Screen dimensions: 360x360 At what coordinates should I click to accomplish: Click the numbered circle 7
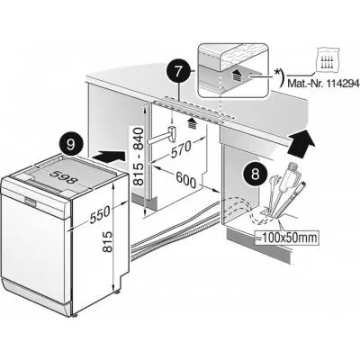tap(178, 72)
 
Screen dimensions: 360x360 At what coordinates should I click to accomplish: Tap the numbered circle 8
tap(255, 175)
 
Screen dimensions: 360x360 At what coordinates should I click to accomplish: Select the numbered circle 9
tap(71, 145)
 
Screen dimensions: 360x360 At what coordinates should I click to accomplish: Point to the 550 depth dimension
tap(100, 215)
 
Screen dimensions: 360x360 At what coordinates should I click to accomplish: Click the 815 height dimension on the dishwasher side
tap(108, 242)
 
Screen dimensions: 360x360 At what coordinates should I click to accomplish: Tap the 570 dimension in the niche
tap(181, 149)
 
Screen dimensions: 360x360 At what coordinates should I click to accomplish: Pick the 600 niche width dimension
tap(186, 180)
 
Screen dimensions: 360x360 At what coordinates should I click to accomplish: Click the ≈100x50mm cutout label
tap(285, 238)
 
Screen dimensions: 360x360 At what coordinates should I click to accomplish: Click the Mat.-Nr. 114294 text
tap(324, 83)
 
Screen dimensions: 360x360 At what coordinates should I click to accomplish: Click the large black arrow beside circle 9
tap(109, 157)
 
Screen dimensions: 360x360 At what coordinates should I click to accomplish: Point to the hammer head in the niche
tap(173, 133)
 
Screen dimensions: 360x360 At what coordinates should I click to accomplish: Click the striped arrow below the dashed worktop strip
tap(192, 123)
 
